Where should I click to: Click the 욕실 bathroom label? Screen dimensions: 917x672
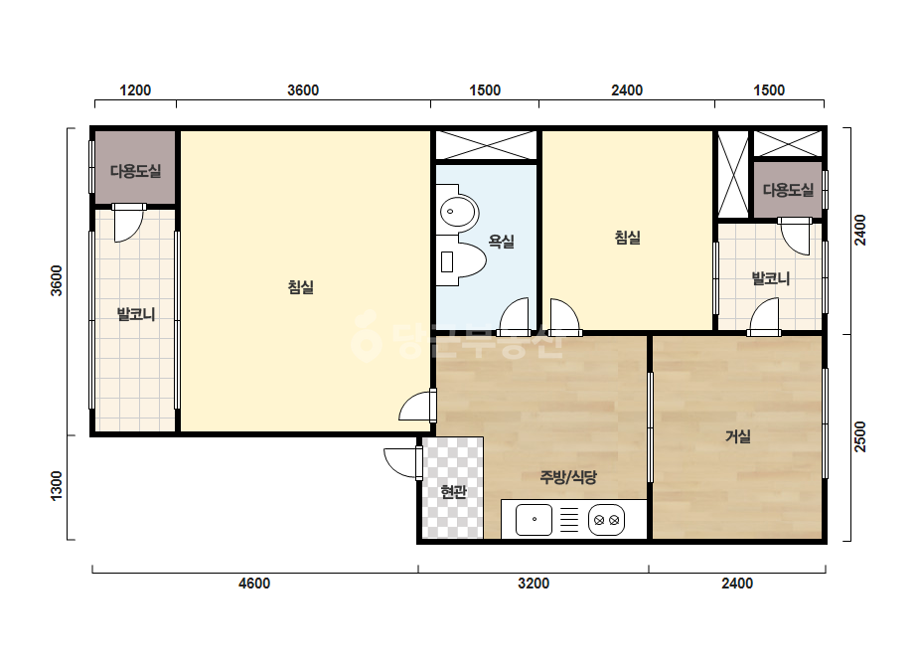(x=501, y=242)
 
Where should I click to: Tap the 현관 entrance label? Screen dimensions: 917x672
(x=453, y=492)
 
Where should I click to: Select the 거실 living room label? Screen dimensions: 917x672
(x=738, y=436)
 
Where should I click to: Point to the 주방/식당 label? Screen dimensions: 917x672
(x=568, y=478)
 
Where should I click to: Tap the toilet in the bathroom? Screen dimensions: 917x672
(x=462, y=261)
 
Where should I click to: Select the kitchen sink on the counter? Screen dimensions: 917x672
(x=534, y=519)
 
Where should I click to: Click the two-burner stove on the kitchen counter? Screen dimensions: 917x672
(x=606, y=519)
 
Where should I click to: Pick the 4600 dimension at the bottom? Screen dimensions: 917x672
(x=254, y=584)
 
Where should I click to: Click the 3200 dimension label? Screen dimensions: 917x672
(x=534, y=584)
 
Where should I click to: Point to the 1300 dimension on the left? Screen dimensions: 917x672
(x=57, y=486)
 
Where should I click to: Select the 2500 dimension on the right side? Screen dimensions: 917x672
(x=859, y=436)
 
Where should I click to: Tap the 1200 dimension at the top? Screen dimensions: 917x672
(x=135, y=90)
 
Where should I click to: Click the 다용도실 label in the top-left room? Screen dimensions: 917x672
(x=136, y=171)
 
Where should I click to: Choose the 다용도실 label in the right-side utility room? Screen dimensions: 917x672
(x=788, y=190)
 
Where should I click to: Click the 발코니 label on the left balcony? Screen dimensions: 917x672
(x=136, y=314)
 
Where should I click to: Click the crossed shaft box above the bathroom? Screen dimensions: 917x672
(x=486, y=145)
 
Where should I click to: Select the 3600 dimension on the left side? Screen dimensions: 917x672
(x=57, y=281)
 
